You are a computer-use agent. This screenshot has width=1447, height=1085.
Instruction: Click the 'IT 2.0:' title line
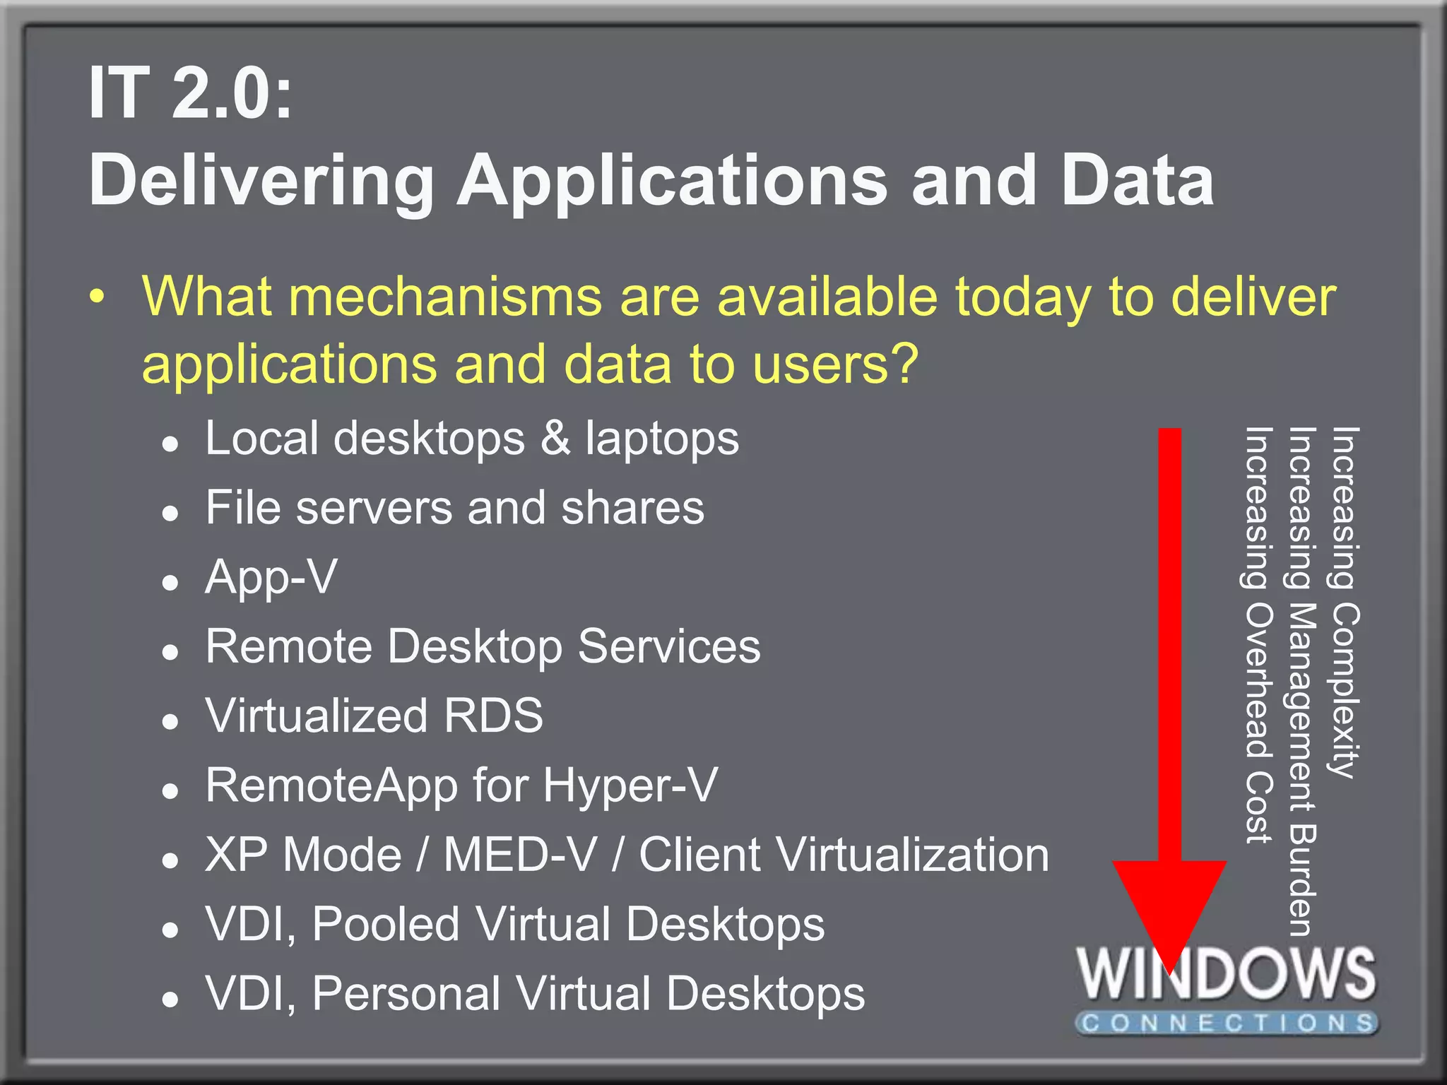tap(190, 93)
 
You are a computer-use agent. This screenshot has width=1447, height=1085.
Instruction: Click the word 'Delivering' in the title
tap(261, 182)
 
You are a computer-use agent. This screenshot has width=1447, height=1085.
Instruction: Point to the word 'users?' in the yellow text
tap(835, 364)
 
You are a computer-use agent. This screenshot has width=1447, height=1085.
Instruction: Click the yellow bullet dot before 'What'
tap(98, 297)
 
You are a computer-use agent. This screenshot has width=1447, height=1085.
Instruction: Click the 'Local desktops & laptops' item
tap(472, 439)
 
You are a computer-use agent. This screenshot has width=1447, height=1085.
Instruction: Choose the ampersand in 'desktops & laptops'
tap(555, 438)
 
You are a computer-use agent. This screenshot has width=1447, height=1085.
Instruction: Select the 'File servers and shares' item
tap(454, 508)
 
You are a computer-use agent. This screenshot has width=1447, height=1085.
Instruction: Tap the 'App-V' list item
tap(271, 578)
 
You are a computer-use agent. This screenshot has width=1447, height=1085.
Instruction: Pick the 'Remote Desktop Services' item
tap(483, 646)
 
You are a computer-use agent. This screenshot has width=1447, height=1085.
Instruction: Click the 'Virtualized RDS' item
tap(374, 716)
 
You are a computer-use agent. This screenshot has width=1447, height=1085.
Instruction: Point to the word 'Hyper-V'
tap(630, 785)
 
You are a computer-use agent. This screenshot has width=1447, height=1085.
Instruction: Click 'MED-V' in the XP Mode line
tap(520, 855)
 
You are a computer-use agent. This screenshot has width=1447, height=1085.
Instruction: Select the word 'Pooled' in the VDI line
tap(385, 924)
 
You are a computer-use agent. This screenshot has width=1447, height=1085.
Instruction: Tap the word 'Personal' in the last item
tap(406, 993)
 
